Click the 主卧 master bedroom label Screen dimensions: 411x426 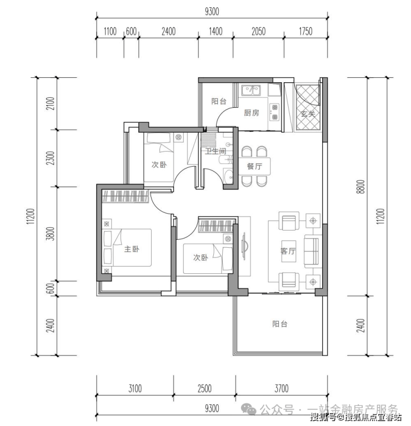132,249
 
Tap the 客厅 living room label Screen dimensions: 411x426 288,250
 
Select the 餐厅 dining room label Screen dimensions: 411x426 254,166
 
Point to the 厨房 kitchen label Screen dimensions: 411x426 251,113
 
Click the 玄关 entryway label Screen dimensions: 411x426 308,114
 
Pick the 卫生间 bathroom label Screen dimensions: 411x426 215,151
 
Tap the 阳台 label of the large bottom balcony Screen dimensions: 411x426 280,324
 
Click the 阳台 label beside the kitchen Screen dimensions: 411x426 219,101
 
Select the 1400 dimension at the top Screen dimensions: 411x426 215,31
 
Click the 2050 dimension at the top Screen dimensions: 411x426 258,31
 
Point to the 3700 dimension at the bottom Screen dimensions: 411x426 282,388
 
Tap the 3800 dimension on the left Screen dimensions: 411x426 51,234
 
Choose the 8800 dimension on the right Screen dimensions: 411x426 361,187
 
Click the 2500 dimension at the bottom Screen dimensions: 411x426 204,388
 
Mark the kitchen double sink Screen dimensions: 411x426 251,90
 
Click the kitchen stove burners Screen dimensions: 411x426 274,112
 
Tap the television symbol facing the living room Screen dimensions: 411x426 244,246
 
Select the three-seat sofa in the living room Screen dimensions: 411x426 312,251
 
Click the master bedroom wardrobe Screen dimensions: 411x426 125,196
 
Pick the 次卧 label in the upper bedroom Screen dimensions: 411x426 159,164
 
